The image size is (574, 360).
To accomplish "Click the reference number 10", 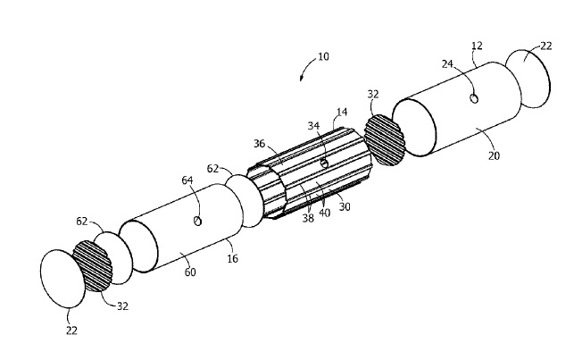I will [x=322, y=57].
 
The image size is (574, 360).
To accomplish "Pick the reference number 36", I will [x=259, y=144].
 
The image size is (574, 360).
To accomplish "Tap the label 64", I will [x=187, y=180].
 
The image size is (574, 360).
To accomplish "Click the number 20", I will [x=494, y=156].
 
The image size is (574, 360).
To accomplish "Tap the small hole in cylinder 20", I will [x=474, y=97].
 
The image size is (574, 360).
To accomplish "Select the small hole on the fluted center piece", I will [x=323, y=163].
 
